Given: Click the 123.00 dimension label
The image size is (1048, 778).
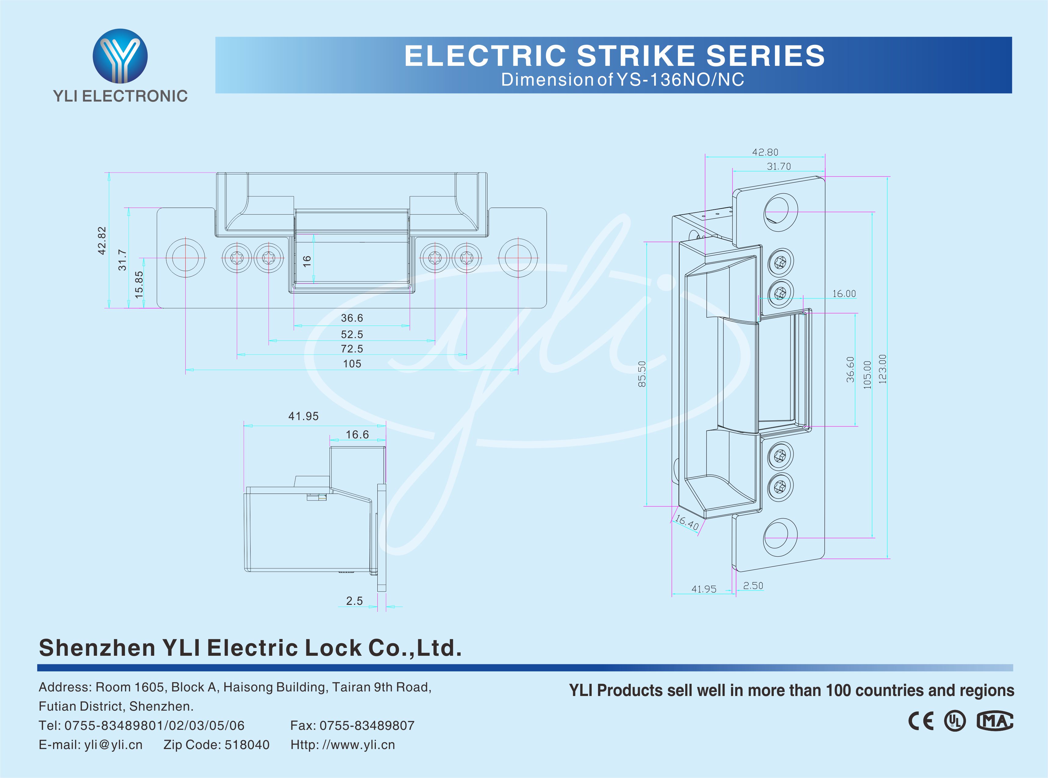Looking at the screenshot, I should point(882,369).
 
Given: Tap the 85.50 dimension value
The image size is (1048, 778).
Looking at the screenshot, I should point(642,374).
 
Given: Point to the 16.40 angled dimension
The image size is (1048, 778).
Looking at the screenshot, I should point(687,522).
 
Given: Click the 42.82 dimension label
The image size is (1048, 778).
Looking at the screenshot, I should point(102,241).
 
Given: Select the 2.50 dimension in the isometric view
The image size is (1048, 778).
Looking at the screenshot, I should point(753,585).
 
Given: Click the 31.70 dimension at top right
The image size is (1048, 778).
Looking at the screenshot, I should point(779,166).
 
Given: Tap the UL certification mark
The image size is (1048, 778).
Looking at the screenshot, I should point(954,721).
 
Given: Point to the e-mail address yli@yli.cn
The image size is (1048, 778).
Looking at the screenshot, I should point(113,744).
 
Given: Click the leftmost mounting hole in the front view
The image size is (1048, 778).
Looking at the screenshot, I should point(186,258).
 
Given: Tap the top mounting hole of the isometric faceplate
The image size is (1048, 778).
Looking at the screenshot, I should point(780,212).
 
